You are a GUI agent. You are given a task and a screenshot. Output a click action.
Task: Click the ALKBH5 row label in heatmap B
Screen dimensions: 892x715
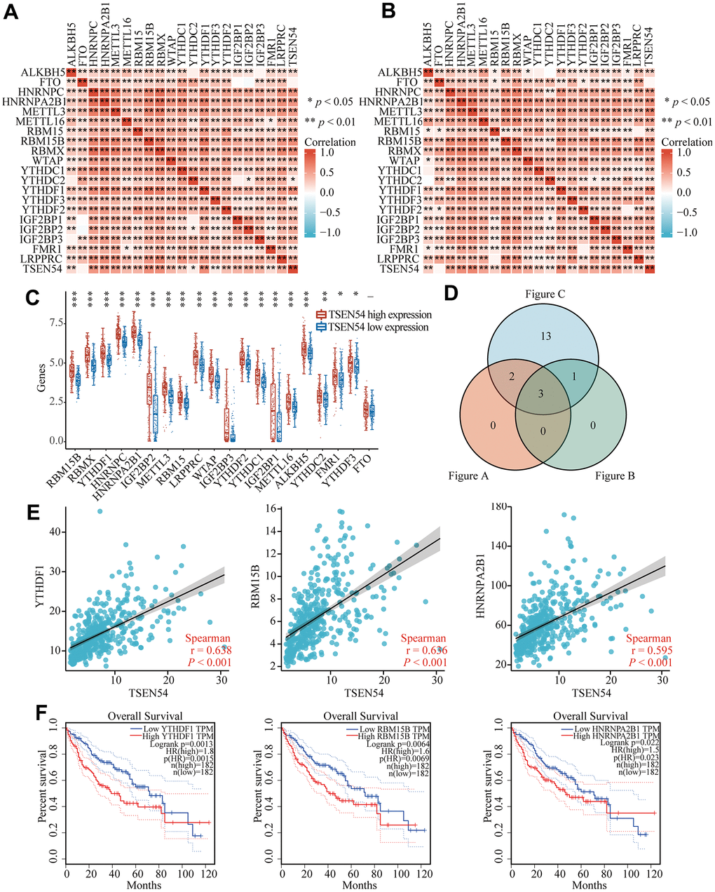point(399,73)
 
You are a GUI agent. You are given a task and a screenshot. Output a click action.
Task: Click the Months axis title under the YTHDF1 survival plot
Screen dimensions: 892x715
point(144,886)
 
